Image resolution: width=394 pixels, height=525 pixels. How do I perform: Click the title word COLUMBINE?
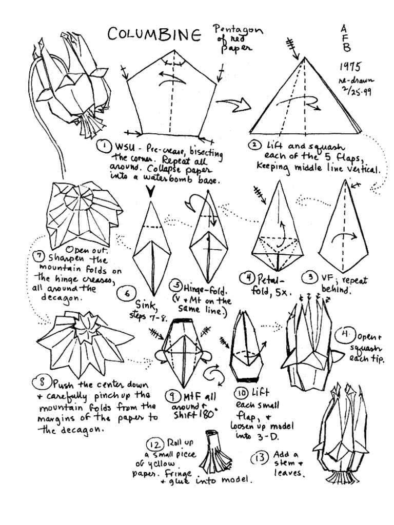pyautogui.click(x=154, y=34)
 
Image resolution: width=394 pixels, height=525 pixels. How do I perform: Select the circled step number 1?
pyautogui.click(x=104, y=147)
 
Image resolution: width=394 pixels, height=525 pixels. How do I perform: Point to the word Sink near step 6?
pyautogui.click(x=145, y=306)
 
